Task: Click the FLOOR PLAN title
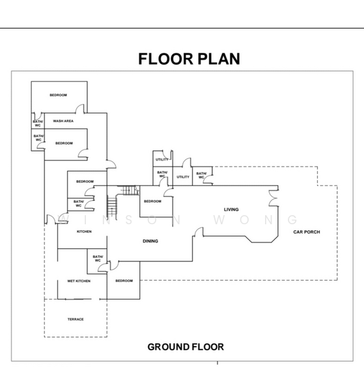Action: pos(189,59)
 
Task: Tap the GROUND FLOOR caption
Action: pos(186,346)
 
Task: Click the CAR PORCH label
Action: pos(307,232)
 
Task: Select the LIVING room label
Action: pos(231,209)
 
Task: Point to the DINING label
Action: pos(150,241)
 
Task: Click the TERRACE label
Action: pos(76,319)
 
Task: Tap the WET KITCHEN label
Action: pos(79,281)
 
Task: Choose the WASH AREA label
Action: pos(63,121)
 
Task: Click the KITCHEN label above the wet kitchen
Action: pos(84,231)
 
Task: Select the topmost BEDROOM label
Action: pos(59,95)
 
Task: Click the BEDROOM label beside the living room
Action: pos(152,201)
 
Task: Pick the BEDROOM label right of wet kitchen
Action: pos(124,281)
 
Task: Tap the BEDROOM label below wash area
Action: pos(64,143)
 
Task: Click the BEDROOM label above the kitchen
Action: pos(85,181)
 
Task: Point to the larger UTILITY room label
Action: pos(183,177)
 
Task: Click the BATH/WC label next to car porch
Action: pos(201,175)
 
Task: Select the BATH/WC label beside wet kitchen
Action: pos(98,259)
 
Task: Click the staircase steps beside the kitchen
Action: pos(112,206)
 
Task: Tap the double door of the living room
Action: pos(273,198)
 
